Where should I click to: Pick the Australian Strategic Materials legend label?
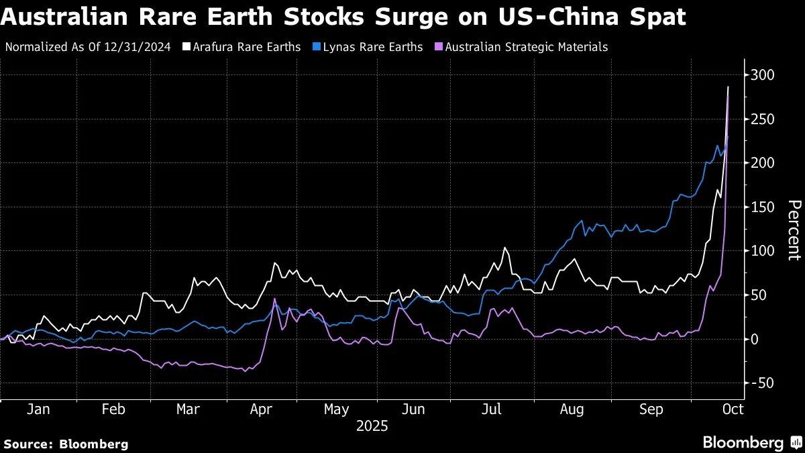coord(526,47)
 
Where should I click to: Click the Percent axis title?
coord(794,230)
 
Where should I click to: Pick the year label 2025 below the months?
coord(372,426)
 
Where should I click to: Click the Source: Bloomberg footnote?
coord(66,444)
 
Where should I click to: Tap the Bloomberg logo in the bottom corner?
coord(751,442)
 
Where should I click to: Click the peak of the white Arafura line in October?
coord(729,87)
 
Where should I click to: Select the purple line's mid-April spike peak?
coord(274,299)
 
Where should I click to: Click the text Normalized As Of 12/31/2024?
coord(88,47)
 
